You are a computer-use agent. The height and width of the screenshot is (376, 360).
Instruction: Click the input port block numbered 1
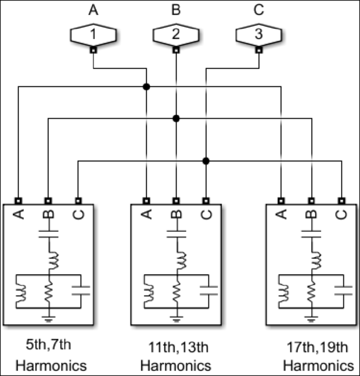click(x=93, y=34)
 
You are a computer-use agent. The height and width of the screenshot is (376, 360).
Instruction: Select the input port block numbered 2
click(x=176, y=34)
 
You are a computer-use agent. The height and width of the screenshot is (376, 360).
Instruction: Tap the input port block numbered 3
click(x=258, y=34)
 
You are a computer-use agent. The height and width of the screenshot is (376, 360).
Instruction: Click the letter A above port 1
click(x=93, y=10)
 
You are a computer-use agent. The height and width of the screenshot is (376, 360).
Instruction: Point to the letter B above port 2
click(x=175, y=10)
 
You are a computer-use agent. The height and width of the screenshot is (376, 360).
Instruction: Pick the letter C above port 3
click(x=258, y=10)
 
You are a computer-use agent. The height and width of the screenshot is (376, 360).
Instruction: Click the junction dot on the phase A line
click(x=147, y=86)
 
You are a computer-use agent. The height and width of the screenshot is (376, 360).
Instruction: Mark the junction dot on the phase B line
click(x=176, y=118)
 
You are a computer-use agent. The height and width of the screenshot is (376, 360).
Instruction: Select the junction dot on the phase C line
click(x=206, y=160)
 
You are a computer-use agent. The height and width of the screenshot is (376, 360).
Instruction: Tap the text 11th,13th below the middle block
click(x=176, y=345)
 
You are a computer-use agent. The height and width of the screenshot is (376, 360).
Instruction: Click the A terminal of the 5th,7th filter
click(x=18, y=200)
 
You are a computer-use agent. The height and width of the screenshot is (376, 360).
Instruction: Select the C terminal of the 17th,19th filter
click(x=341, y=200)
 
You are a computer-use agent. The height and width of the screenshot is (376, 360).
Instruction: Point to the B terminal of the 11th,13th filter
click(x=176, y=200)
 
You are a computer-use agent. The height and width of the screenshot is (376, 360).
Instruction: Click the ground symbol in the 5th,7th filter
click(x=48, y=316)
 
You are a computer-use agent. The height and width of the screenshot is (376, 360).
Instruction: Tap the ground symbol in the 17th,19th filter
click(x=312, y=316)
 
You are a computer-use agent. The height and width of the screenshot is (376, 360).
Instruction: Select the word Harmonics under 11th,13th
click(x=176, y=365)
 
